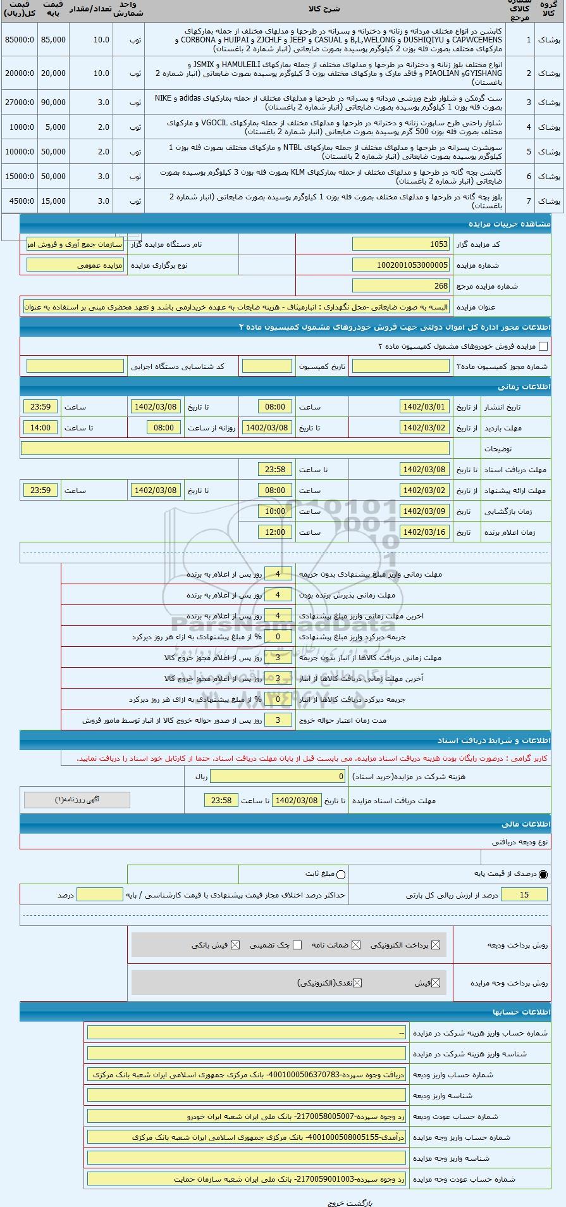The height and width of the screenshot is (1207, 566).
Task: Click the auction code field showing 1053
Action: click(x=401, y=244)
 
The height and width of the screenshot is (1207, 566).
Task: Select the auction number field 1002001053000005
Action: click(x=401, y=265)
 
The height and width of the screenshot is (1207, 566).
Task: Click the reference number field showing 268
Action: click(x=401, y=286)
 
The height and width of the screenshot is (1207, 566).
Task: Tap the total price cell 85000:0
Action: click(x=19, y=39)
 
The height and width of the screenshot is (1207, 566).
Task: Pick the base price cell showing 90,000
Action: click(x=53, y=103)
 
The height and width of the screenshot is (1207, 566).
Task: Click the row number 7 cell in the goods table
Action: click(x=529, y=201)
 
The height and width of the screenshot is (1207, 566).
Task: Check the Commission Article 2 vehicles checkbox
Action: click(x=543, y=346)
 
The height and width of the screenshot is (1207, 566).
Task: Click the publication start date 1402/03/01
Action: click(x=425, y=407)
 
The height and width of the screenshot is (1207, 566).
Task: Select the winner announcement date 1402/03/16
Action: click(x=425, y=532)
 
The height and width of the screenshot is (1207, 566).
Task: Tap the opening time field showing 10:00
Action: click(x=275, y=511)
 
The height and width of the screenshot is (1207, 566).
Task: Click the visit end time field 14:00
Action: click(x=40, y=428)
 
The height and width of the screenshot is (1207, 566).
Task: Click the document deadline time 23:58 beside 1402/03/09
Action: click(x=275, y=470)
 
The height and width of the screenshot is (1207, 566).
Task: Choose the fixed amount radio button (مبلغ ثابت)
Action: click(x=341, y=874)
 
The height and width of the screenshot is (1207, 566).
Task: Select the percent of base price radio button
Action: click(x=543, y=874)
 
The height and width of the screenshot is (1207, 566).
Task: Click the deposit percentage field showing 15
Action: click(x=524, y=894)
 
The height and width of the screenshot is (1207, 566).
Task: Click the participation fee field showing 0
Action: click(x=278, y=776)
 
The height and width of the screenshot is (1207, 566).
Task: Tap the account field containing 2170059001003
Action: click(x=247, y=1179)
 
